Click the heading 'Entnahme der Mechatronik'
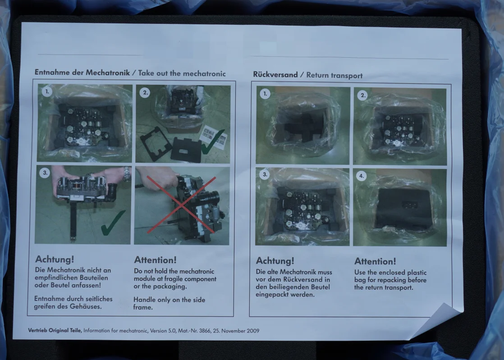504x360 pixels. coord(82,72)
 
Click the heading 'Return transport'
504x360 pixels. coord(334,75)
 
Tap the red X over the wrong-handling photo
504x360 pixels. coord(181,205)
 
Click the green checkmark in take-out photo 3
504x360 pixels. coord(113,223)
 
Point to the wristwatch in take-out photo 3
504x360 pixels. coord(128,174)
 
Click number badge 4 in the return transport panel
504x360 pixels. coord(362,176)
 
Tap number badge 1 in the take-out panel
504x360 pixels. coord(47,91)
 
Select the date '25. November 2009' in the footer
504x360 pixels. coord(236,331)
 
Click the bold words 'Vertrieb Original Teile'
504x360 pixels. coord(55,330)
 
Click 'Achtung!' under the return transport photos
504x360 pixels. coord(275,261)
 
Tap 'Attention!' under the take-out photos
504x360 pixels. coord(155,260)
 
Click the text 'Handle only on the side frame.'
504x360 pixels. coord(169,304)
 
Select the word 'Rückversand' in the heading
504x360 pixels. coord(275,74)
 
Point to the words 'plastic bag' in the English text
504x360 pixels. coord(390,276)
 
